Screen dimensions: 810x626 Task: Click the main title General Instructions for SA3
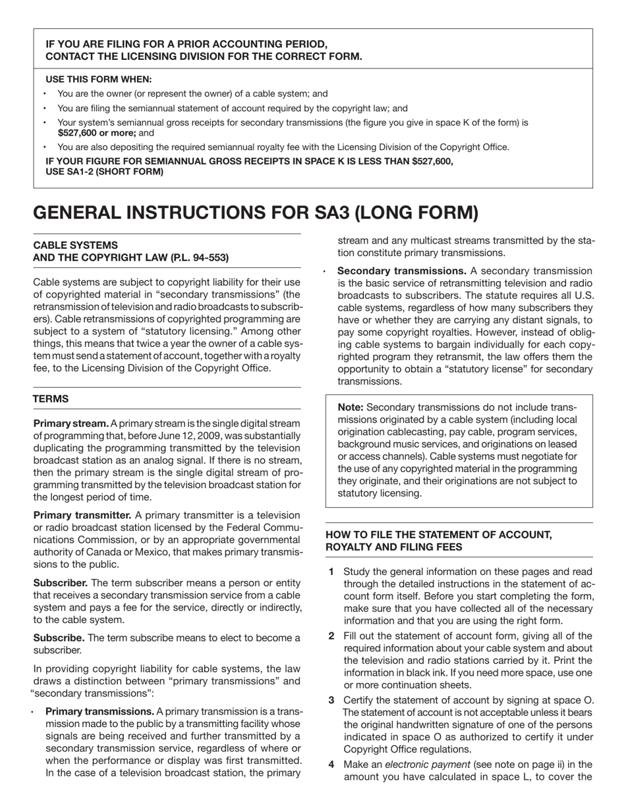(x=255, y=213)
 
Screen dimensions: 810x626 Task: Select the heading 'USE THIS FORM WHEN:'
(x=98, y=79)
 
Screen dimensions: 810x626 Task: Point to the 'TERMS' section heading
(x=51, y=399)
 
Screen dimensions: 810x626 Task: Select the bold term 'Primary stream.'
(x=71, y=423)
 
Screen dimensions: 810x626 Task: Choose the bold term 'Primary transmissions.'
(x=100, y=711)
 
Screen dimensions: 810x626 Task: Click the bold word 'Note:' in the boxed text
(x=351, y=408)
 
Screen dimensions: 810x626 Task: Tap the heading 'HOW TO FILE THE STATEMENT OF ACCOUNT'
(x=438, y=534)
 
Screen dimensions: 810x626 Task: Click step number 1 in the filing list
(x=331, y=572)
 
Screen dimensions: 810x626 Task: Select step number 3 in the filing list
(x=331, y=699)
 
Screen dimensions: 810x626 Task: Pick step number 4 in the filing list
(x=331, y=765)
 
